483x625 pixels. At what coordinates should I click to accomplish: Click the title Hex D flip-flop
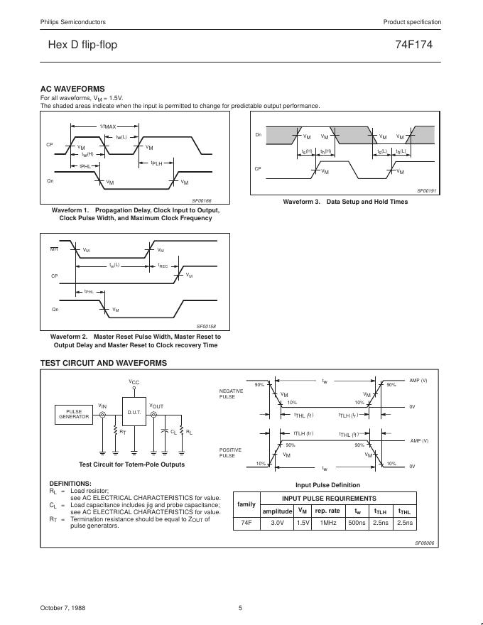click(82, 45)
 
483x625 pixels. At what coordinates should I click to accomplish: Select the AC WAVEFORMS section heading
click(73, 89)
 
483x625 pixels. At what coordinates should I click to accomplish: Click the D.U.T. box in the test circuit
click(134, 413)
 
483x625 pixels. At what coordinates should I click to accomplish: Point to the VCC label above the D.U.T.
click(134, 382)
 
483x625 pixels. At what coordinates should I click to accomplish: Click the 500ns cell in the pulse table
click(357, 523)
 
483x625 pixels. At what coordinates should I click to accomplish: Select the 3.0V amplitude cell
click(277, 523)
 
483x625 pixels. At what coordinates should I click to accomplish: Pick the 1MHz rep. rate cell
click(327, 523)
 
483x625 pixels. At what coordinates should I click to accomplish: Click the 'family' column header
click(246, 504)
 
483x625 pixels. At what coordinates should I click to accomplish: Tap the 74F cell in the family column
click(246, 523)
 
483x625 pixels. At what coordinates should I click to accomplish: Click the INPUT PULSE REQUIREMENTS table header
click(340, 499)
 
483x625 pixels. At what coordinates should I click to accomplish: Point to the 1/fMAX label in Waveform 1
click(107, 126)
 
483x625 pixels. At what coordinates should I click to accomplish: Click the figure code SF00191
click(426, 191)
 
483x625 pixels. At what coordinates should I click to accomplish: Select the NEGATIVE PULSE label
click(231, 394)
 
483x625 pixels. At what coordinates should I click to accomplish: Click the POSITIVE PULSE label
click(231, 452)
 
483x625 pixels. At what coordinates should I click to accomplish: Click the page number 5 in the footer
click(240, 608)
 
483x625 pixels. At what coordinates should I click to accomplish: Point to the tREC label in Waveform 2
click(162, 266)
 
